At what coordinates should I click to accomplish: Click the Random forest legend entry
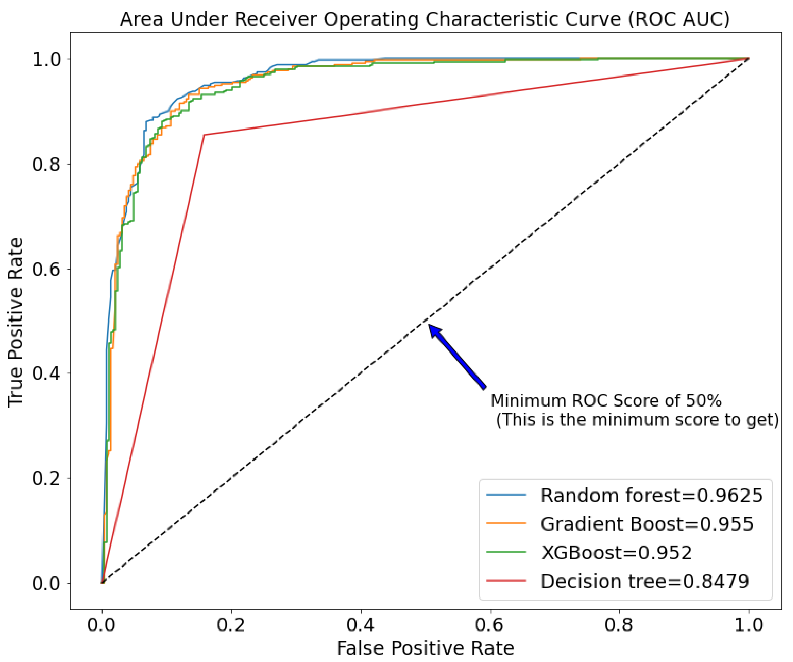(652, 495)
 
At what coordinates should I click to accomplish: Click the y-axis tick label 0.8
(46, 164)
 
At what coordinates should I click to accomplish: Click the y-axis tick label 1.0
(46, 59)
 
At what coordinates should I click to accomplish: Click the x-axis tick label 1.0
(748, 625)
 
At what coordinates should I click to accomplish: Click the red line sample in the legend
(506, 581)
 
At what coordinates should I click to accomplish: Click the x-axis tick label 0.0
(101, 625)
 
